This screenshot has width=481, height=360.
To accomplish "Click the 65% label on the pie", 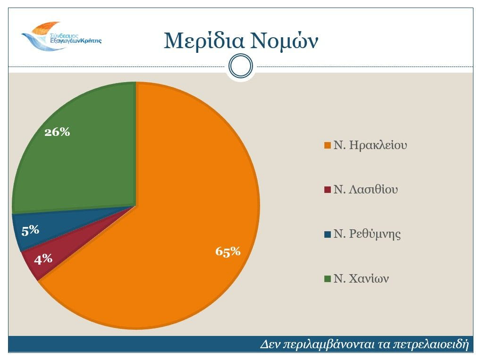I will [x=228, y=251].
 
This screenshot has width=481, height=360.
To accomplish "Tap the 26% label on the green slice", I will [x=57, y=132].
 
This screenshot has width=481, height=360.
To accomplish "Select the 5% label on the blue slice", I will [x=30, y=230].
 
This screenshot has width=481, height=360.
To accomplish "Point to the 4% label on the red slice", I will [x=43, y=259].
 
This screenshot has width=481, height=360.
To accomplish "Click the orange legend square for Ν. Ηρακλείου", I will [x=327, y=145].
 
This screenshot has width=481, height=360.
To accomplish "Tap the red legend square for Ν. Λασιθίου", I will [x=327, y=190].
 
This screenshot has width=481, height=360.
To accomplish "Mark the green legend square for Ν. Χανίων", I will [x=327, y=279].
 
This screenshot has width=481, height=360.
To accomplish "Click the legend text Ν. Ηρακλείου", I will [x=370, y=145].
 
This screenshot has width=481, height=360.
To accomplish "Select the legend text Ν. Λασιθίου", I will [x=365, y=190].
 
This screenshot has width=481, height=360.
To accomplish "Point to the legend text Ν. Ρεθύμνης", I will [x=367, y=234].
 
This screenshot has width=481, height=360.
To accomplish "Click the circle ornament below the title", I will [x=241, y=66].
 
